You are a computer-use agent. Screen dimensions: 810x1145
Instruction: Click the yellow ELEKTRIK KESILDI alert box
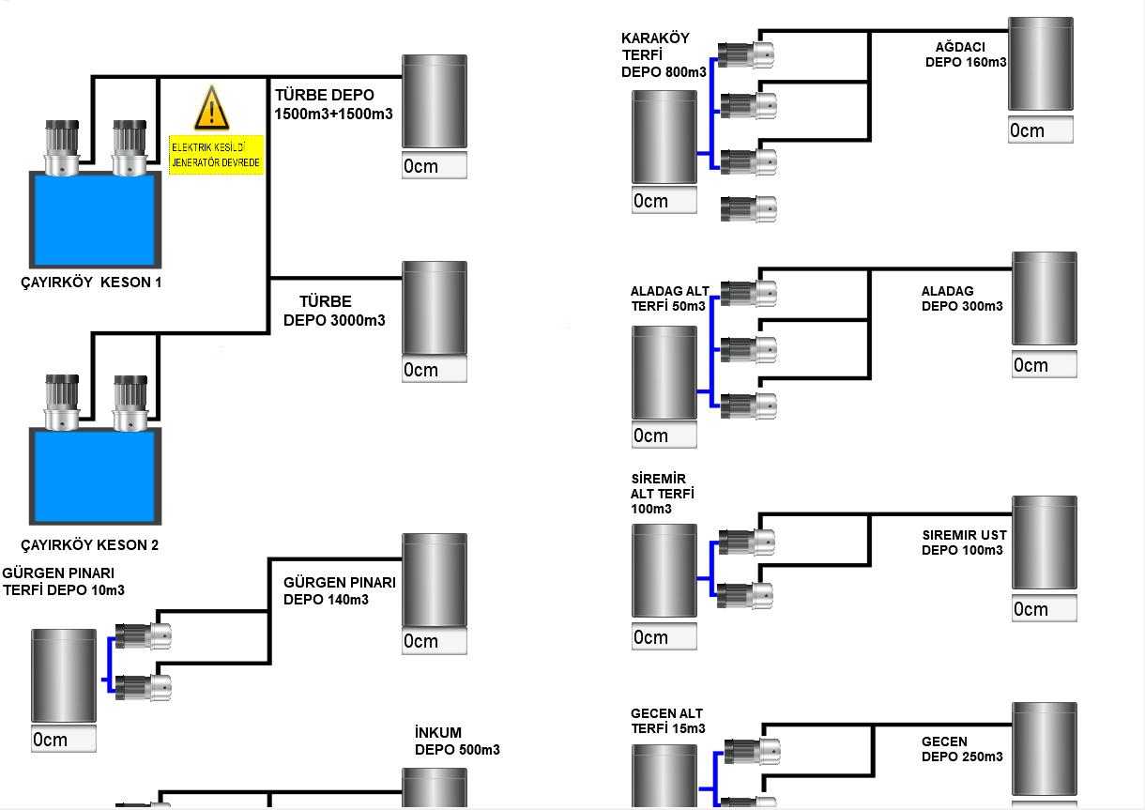(x=217, y=154)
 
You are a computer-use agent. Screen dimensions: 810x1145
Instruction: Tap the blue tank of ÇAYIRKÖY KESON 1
(x=94, y=221)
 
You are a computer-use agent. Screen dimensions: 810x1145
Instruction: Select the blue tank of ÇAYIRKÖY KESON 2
(x=95, y=477)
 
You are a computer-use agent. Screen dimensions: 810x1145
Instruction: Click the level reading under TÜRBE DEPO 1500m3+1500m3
(x=434, y=166)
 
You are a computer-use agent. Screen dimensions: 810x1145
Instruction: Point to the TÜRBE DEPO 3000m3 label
(x=334, y=311)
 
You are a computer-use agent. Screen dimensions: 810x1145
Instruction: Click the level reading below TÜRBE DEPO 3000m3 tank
(x=434, y=370)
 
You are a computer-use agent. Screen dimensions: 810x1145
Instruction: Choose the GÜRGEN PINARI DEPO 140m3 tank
(x=435, y=579)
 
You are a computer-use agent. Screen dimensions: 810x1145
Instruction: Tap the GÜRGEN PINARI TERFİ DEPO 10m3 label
(x=64, y=582)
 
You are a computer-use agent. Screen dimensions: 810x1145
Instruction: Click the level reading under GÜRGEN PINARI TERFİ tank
(x=64, y=740)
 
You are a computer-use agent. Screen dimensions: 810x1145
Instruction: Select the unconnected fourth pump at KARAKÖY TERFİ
(x=748, y=208)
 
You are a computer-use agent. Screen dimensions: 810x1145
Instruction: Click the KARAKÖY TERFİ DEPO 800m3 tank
(x=664, y=137)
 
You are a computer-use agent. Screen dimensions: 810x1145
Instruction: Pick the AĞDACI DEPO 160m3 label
(x=966, y=55)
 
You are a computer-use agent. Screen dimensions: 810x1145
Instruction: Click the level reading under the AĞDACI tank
(x=1041, y=130)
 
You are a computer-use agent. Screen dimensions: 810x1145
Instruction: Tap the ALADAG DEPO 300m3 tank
(x=1045, y=298)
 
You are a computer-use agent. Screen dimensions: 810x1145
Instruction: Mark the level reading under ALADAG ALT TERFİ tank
(x=664, y=436)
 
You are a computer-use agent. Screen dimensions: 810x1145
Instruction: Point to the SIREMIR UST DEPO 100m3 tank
(x=1045, y=543)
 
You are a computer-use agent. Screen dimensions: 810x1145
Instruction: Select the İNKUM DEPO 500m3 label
(x=457, y=741)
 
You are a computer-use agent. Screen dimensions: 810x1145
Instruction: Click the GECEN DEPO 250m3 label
(x=961, y=749)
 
